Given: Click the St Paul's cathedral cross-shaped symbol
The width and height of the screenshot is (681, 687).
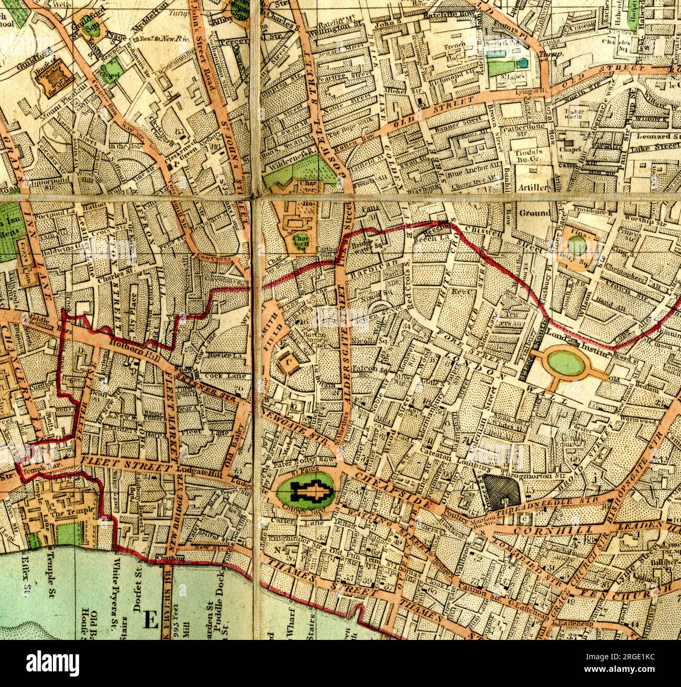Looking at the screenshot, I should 311,491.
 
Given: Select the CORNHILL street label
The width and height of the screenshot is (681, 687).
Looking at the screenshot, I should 544,531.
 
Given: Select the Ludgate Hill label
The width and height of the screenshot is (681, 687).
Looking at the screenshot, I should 193,469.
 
